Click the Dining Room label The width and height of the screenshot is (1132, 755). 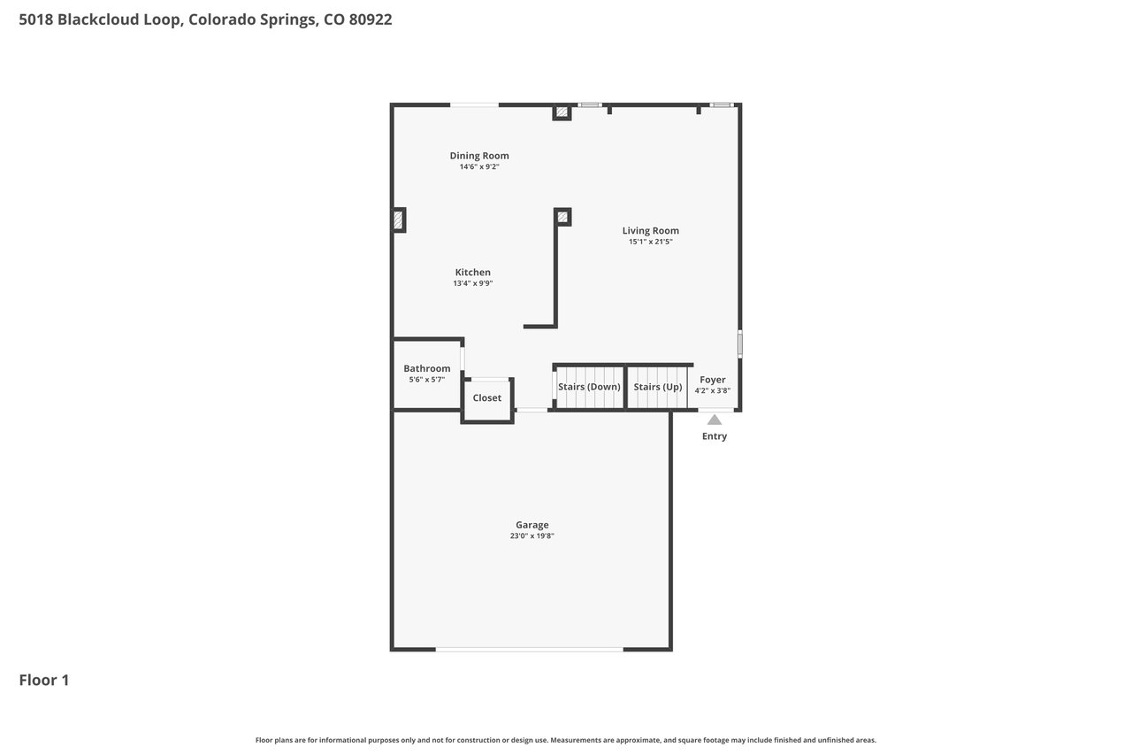click(479, 156)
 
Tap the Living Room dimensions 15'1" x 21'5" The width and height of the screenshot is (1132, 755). click(650, 242)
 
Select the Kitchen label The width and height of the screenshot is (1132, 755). click(472, 272)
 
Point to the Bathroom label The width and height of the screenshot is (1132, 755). click(426, 368)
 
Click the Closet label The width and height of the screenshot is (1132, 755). click(486, 398)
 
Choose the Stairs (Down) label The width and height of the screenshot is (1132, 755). click(589, 387)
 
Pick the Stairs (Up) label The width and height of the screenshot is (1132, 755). click(657, 387)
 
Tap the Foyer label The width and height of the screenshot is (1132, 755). click(712, 380)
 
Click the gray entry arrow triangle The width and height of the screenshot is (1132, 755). click(714, 420)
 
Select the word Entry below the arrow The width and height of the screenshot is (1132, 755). click(714, 435)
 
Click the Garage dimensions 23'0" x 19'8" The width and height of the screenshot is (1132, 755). click(532, 536)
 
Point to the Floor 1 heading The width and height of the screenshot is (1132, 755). click(44, 680)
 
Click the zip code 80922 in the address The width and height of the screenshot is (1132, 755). click(371, 19)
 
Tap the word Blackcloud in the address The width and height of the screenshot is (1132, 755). click(119, 19)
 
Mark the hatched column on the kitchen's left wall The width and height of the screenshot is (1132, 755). click(398, 220)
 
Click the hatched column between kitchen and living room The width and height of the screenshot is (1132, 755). click(562, 217)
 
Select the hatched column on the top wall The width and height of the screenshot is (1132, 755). click(562, 112)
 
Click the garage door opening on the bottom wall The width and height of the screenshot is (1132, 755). click(529, 650)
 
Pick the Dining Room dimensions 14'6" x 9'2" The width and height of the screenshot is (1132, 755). click(479, 167)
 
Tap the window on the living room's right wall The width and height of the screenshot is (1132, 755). click(740, 344)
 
